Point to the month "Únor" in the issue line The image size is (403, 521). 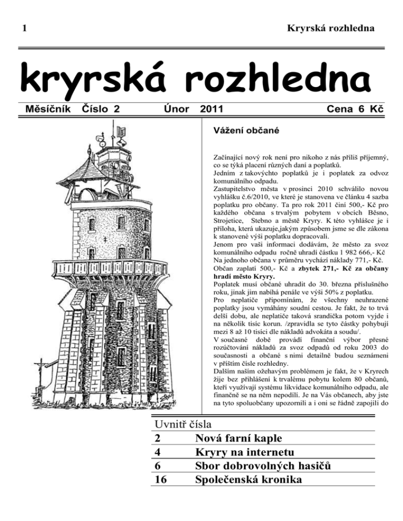point(175,110)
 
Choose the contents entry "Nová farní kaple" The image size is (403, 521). point(239,437)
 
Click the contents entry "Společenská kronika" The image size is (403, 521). point(250,479)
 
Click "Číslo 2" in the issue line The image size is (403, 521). point(102,110)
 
